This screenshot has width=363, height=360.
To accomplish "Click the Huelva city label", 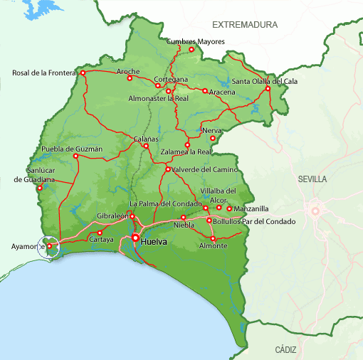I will click(154, 242).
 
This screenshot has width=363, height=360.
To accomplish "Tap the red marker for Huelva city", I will click(135, 238).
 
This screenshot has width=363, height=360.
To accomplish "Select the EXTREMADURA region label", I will click(249, 25).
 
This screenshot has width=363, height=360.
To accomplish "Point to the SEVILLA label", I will click(313, 179).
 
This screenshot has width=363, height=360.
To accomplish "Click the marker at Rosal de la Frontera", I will click(83, 73).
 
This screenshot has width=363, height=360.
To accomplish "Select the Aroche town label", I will click(128, 71).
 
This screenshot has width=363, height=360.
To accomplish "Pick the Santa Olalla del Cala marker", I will click(268, 88).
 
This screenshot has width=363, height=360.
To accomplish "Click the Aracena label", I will click(221, 93).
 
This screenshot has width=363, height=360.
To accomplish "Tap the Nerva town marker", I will click(212, 138).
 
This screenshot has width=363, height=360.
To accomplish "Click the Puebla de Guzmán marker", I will click(75, 156).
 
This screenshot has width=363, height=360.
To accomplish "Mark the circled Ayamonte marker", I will click(50, 246).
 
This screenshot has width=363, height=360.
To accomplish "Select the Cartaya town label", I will click(101, 240).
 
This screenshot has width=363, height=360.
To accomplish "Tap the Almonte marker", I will click(212, 238).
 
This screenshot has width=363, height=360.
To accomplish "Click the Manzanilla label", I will click(251, 209).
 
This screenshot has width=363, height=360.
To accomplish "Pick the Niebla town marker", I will click(184, 217).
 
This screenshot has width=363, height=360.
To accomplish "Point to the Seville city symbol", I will click(314, 211).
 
